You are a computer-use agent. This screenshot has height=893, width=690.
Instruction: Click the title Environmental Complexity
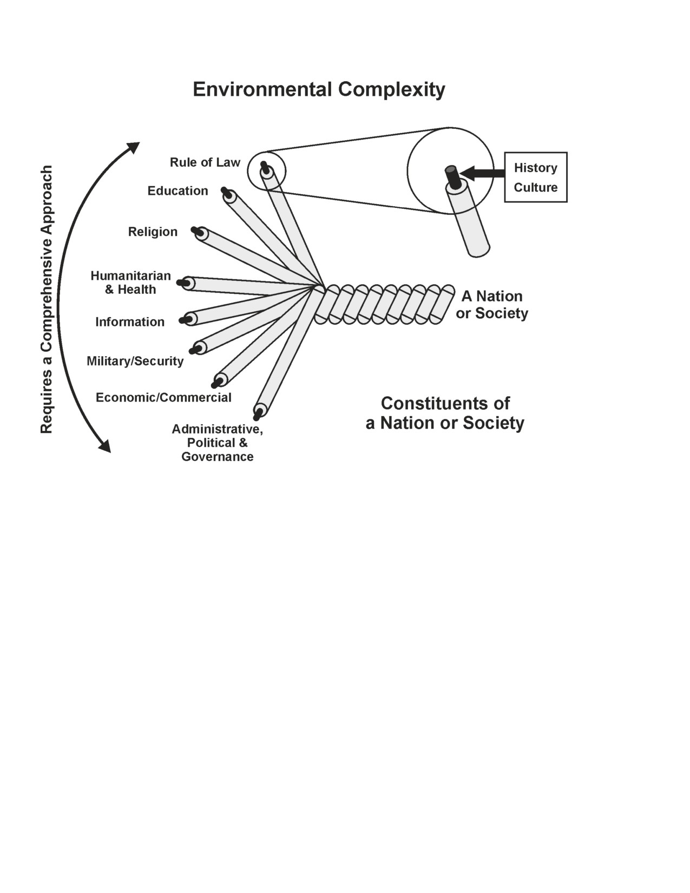pos(319,89)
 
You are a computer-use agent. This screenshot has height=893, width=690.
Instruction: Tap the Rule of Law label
pos(205,162)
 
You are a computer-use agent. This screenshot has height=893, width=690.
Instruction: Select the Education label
pos(178,191)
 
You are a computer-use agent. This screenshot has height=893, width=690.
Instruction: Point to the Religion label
pos(153,232)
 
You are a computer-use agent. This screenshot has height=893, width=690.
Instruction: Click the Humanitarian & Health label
pos(130,283)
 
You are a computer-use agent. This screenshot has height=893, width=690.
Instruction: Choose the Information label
pos(130,322)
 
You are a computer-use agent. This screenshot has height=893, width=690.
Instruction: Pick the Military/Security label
pos(135,361)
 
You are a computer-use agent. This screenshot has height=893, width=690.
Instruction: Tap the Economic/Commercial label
pos(163,397)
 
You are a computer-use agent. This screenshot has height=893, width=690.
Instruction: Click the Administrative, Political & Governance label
pos(218,443)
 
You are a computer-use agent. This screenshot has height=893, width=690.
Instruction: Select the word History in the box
pos(535,168)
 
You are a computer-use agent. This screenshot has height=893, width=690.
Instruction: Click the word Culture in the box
pos(535,187)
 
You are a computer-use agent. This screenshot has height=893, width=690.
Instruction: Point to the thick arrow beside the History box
pos(482,173)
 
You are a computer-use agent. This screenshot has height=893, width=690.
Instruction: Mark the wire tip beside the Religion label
pos(198,232)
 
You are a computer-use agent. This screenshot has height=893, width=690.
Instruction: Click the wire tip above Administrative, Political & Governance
pos(258,414)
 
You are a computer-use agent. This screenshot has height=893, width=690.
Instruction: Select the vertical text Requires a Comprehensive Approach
pos(47,299)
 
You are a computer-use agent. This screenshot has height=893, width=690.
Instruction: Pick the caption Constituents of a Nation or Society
pos(445,413)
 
